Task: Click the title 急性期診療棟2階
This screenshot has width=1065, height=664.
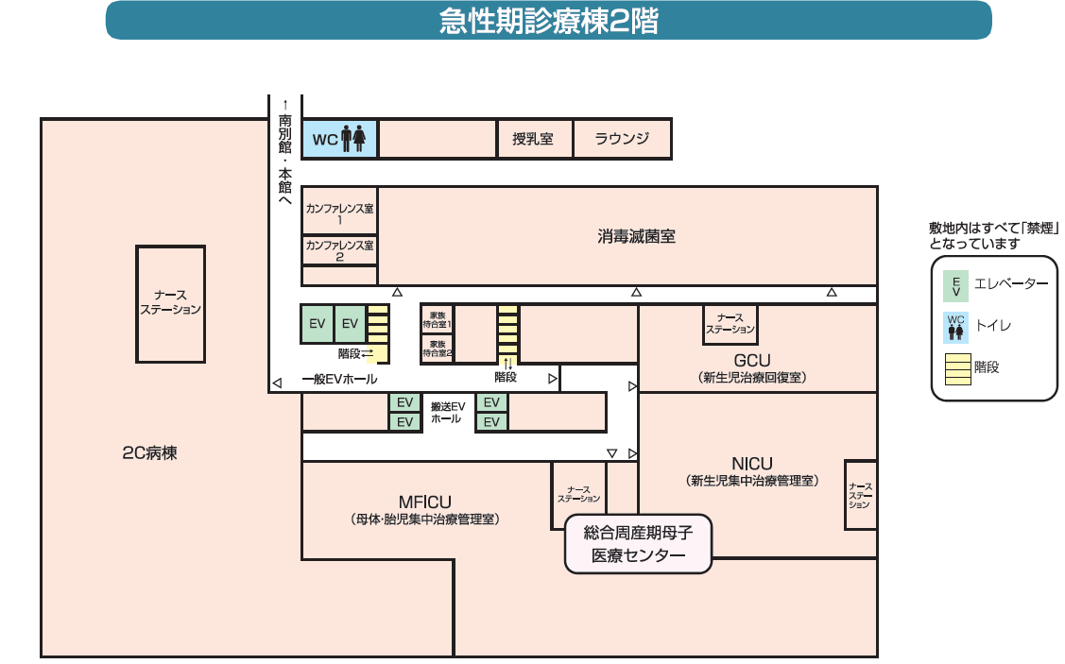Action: point(548,20)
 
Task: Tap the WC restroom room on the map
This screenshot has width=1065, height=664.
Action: point(340,139)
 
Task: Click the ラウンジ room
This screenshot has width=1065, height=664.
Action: point(622,139)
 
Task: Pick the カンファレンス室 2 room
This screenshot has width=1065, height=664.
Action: point(339,250)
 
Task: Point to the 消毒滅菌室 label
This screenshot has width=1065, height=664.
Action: point(636,236)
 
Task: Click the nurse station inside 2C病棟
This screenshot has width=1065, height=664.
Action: point(171,303)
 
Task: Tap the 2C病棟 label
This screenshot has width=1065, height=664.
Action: point(149,452)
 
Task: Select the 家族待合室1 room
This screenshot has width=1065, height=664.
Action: point(437,319)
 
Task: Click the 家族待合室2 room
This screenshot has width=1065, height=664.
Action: point(437,349)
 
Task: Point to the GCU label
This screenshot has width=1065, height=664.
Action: point(752,361)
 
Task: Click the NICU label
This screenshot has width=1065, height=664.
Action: point(751,464)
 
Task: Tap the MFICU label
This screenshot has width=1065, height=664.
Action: point(424,502)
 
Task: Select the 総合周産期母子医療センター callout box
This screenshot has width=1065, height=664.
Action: point(637,544)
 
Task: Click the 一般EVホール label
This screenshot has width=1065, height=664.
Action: point(339,380)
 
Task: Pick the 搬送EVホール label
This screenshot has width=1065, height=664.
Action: point(447,413)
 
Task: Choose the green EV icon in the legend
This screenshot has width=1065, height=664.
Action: point(955,284)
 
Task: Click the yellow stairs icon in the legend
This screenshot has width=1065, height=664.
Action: point(957,368)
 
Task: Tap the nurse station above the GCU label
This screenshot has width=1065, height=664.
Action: point(730,324)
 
